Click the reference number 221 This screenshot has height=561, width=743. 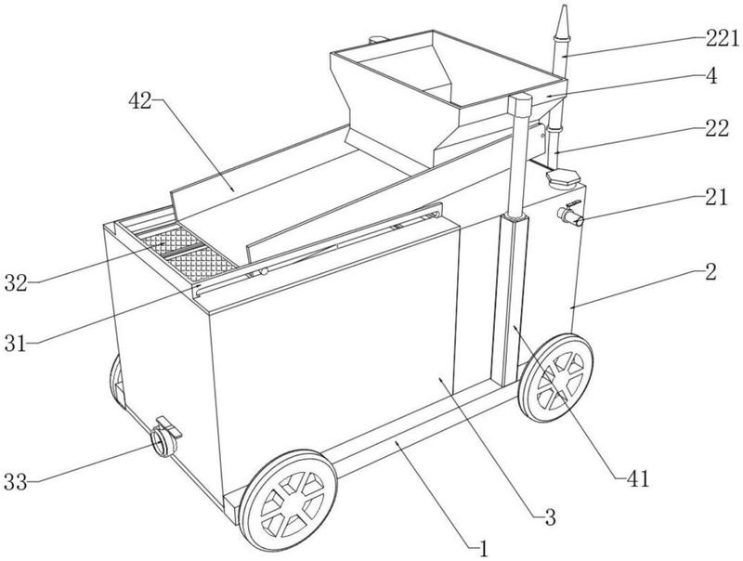coord(722,38)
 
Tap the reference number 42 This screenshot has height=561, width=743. coord(141,100)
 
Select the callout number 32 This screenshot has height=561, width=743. coord(16,283)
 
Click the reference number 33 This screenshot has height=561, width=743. coord(16,482)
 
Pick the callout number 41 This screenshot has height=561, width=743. coord(637,479)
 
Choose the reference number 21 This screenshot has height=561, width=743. coord(715,197)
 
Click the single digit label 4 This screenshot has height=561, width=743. coord(711,76)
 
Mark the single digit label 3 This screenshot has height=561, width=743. coord(550,517)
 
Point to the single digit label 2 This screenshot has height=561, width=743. coord(710,272)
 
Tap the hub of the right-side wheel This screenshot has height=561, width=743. coord(556,378)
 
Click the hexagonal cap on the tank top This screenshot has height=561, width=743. coord(562,179)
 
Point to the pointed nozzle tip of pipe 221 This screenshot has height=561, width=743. coord(565,6)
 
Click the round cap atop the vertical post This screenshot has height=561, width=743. coord(520,99)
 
